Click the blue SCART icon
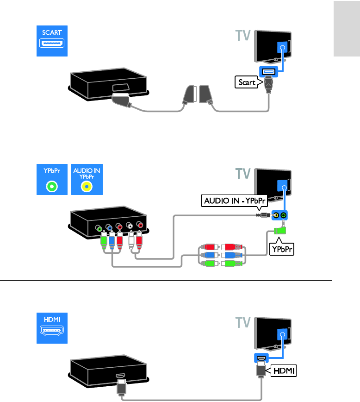(x=52, y=41)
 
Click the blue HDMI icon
(x=52, y=328)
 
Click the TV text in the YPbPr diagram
(x=242, y=174)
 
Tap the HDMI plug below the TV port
(x=261, y=370)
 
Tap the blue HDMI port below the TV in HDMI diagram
(x=261, y=358)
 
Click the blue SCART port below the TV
(x=268, y=71)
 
